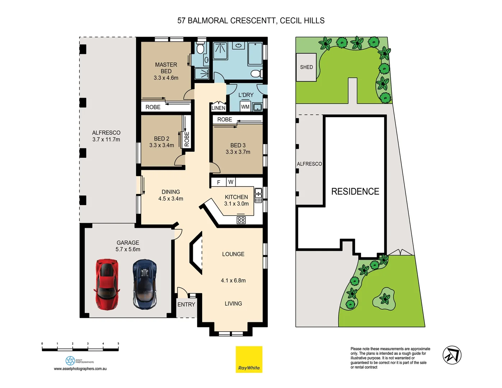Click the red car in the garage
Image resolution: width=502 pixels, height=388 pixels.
click(x=107, y=284)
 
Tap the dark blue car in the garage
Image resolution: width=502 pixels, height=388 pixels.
click(x=145, y=284)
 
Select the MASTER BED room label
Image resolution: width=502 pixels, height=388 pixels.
click(x=166, y=68)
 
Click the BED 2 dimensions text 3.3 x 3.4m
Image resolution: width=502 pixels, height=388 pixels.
click(x=162, y=145)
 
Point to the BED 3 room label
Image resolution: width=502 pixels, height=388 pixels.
click(x=238, y=145)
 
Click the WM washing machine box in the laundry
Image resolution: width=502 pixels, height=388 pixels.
click(x=245, y=107)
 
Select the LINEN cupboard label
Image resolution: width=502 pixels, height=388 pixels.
click(x=218, y=108)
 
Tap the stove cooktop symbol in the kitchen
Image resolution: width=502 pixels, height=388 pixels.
click(x=241, y=220)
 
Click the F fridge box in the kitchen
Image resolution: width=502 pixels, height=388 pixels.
click(x=218, y=183)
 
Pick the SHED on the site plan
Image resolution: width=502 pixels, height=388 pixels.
click(x=306, y=67)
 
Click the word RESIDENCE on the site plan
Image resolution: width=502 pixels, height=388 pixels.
click(x=355, y=191)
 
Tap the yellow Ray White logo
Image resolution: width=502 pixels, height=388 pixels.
click(x=249, y=359)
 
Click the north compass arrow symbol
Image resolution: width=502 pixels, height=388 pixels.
click(x=452, y=355)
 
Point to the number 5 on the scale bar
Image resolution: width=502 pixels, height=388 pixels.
click(x=118, y=344)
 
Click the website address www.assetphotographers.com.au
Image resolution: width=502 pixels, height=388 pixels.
click(x=80, y=369)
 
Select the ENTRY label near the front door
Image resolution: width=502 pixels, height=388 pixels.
click(x=186, y=304)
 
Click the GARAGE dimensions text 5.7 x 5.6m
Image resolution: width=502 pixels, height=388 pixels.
click(x=128, y=249)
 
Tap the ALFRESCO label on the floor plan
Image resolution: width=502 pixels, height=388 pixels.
click(x=106, y=133)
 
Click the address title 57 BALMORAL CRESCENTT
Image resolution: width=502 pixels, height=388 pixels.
click(x=227, y=20)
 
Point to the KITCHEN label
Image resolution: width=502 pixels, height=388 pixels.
click(x=236, y=197)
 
